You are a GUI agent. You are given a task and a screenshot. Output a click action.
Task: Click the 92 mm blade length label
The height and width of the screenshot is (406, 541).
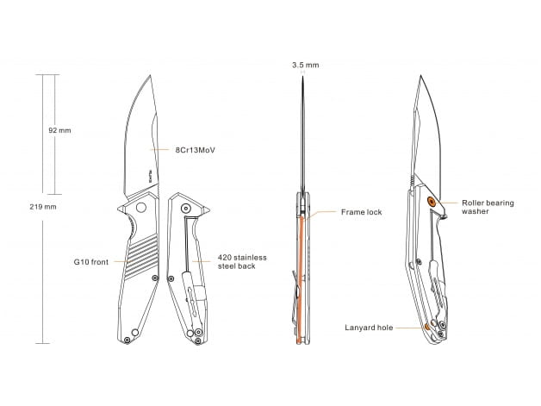click(x=59, y=130)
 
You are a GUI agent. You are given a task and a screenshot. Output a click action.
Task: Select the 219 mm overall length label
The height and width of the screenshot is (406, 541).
click(x=43, y=207)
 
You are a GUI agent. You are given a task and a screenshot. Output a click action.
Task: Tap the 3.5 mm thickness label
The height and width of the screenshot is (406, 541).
click(x=305, y=65)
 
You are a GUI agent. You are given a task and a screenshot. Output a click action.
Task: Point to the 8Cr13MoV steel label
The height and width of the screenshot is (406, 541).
click(x=196, y=150)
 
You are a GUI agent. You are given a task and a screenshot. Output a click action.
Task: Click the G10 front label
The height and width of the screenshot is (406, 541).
click(x=90, y=262)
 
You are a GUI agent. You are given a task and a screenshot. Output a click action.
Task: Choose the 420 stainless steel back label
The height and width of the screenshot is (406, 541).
click(x=242, y=262)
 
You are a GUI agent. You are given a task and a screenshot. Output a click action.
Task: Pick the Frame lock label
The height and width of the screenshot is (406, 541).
click(x=361, y=212)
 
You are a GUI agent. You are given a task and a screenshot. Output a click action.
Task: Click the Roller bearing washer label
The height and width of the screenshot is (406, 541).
click(x=488, y=207)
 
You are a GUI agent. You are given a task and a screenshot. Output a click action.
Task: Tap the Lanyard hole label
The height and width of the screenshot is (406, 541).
click(x=369, y=328)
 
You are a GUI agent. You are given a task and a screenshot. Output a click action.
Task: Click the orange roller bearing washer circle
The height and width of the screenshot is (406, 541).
click(x=431, y=202)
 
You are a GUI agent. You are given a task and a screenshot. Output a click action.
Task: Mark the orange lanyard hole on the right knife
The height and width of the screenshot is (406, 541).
click(x=427, y=327)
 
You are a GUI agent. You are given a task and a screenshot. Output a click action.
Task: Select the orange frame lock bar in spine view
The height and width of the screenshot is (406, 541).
click(x=300, y=279)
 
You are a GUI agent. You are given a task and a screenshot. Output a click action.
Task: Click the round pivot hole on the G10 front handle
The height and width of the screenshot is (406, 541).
click(x=140, y=208)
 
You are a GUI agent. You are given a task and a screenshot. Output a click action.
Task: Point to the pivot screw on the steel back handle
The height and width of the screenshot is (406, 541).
click(x=186, y=209)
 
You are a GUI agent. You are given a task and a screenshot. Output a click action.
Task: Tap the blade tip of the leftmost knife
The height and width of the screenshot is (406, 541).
click(x=150, y=75)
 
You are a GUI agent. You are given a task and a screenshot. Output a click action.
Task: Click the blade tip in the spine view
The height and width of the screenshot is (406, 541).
click(x=302, y=77)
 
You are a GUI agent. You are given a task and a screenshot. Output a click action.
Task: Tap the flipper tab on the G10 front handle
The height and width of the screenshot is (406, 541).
click(x=121, y=209)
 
